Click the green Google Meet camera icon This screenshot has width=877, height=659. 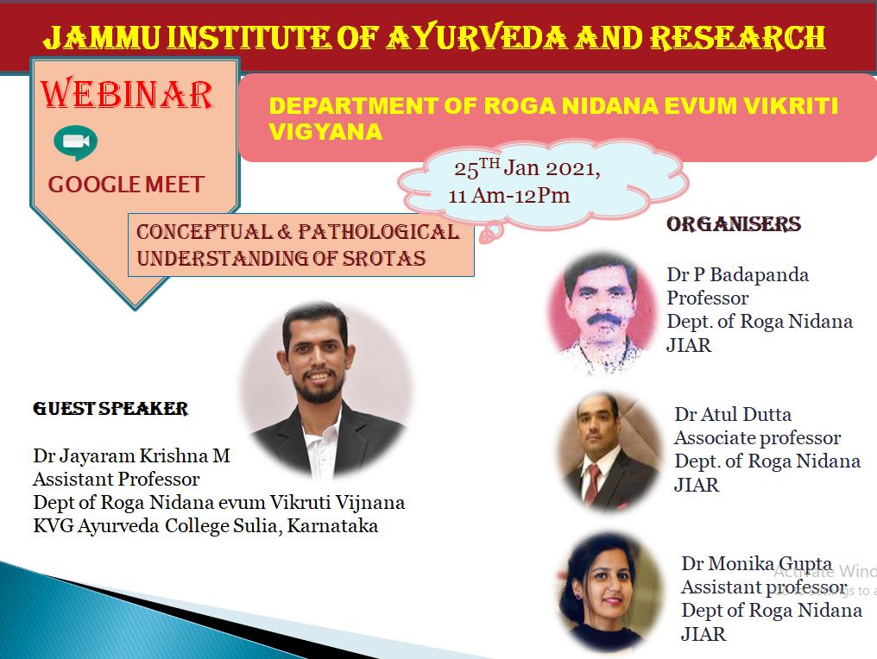75,143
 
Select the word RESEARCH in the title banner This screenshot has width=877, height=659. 737,37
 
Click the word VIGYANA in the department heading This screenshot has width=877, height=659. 325,132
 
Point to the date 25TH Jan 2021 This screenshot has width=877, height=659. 527,168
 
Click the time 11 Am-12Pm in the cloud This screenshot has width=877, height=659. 509,196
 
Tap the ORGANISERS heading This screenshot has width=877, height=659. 733,224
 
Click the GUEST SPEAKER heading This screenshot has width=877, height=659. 110,409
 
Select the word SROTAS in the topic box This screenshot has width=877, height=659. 383,258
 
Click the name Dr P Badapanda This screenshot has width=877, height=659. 738,274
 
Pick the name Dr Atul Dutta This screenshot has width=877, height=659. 733,414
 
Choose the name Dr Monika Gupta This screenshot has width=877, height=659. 757,563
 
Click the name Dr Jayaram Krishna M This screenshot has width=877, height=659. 131,455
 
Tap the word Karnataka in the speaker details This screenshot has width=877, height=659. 333,526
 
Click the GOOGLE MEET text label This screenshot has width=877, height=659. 126,185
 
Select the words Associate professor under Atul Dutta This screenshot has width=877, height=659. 757,437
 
